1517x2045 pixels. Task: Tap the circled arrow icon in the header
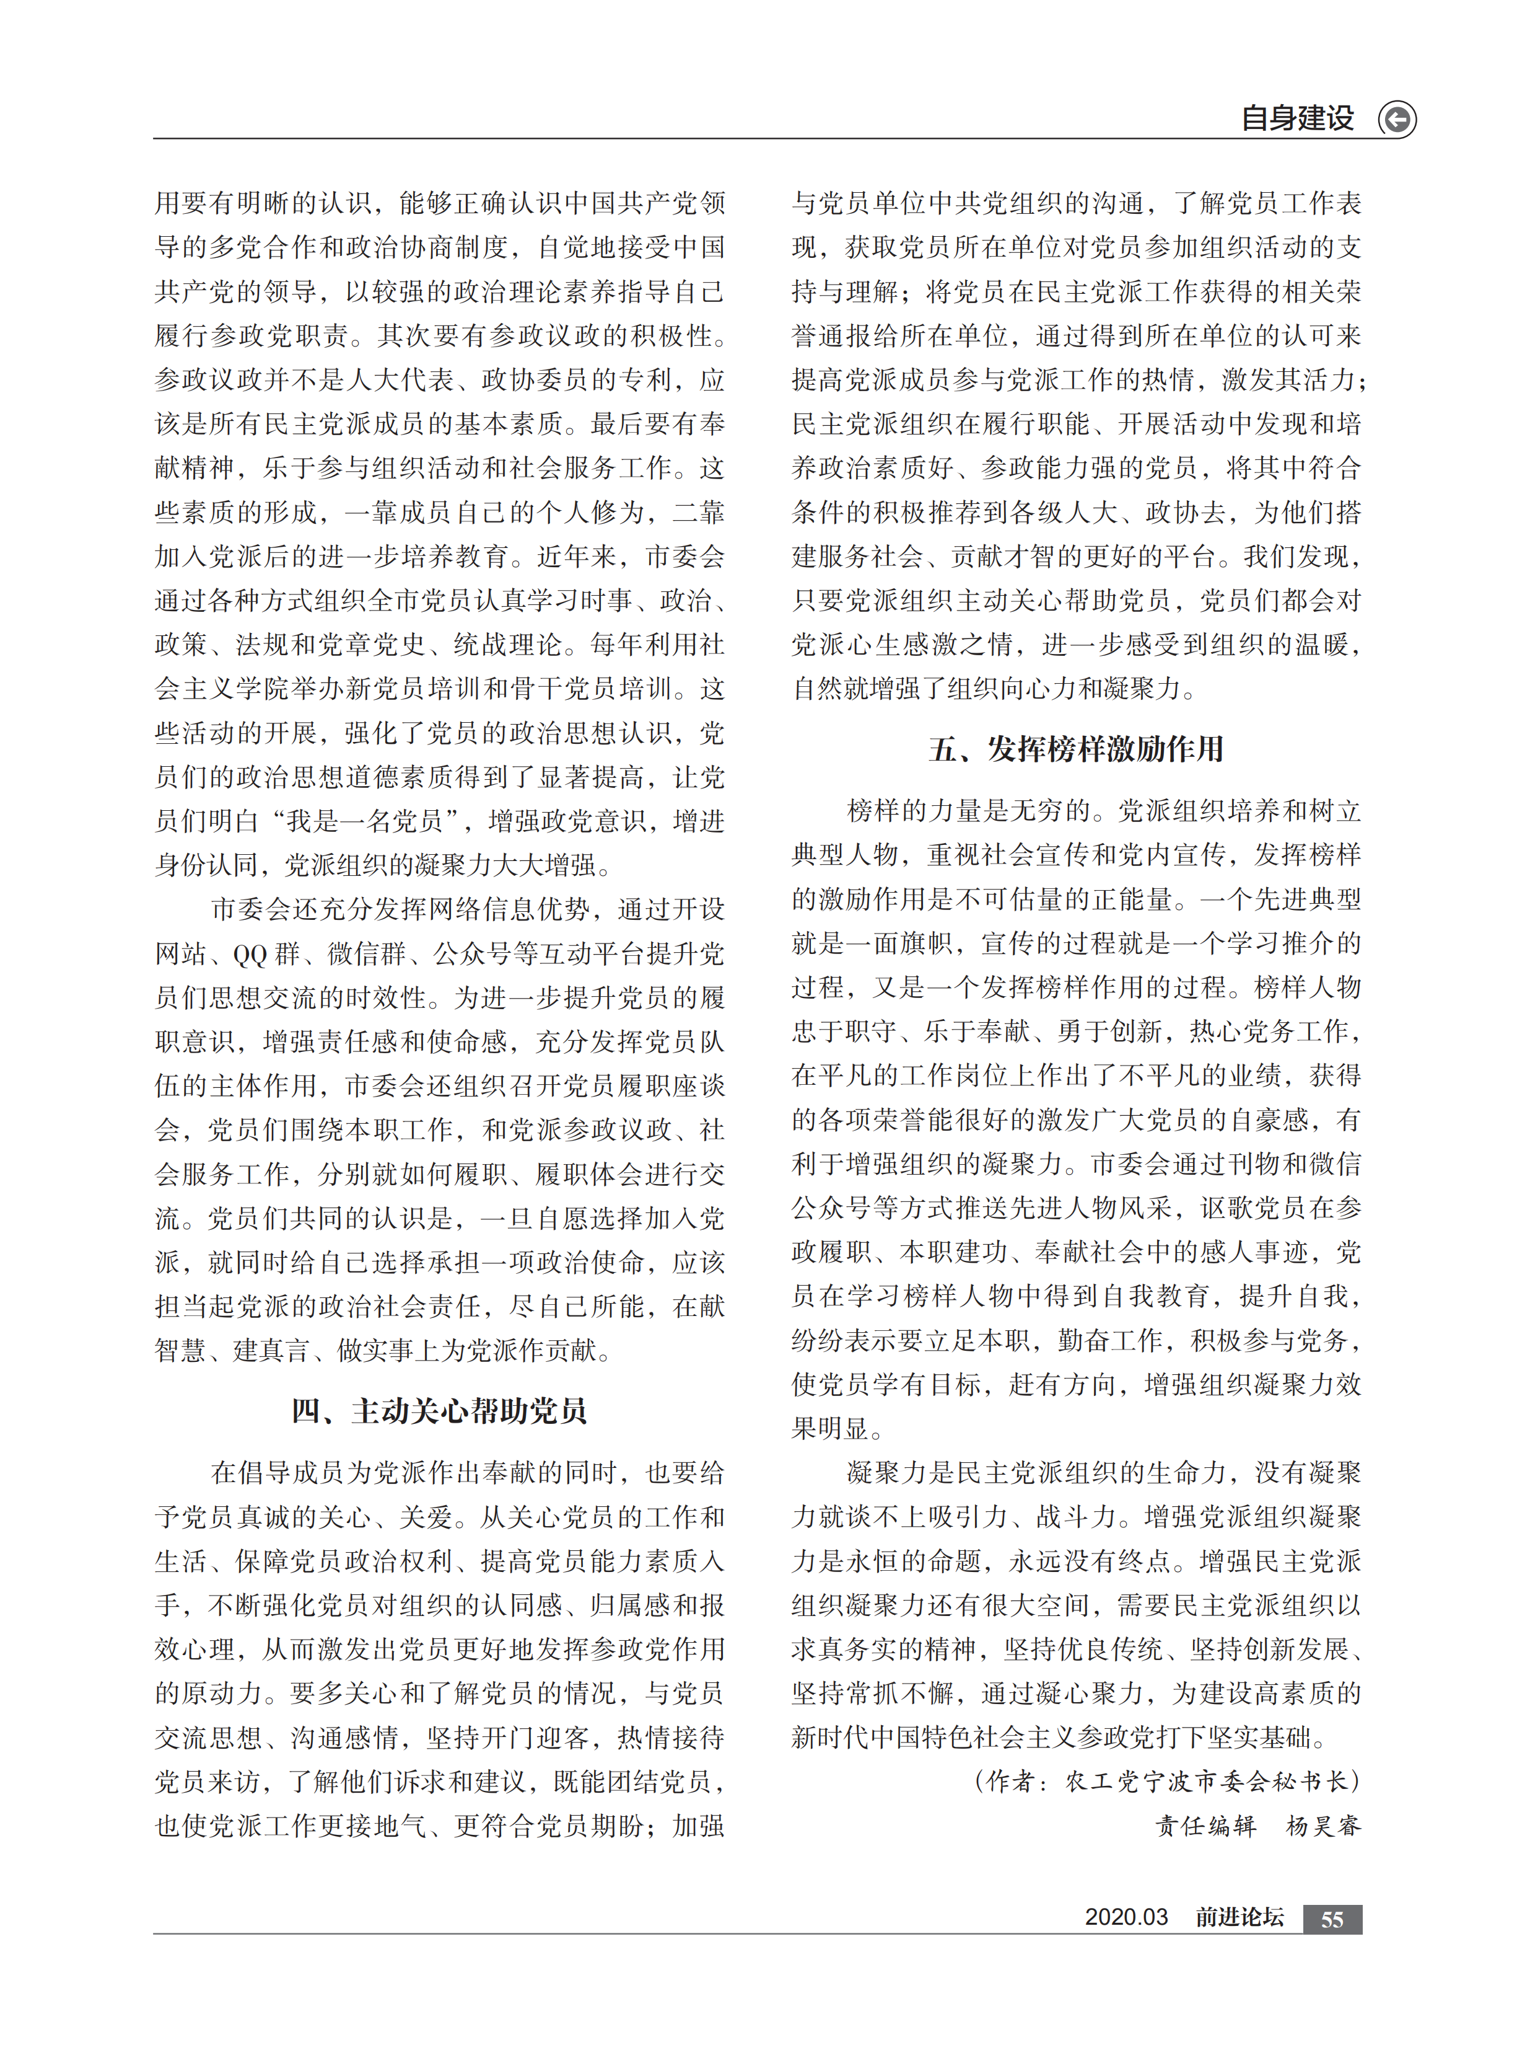coord(1397,120)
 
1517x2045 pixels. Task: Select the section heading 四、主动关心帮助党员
coord(439,1410)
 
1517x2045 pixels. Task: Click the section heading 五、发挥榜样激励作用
coord(1075,749)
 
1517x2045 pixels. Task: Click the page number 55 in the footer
coord(1332,1919)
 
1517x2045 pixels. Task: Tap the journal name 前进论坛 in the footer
coord(1239,1917)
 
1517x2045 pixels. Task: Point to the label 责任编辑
coord(1205,1826)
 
